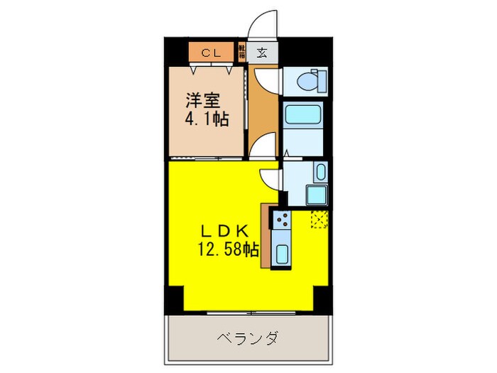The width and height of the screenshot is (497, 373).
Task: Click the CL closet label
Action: (210, 53)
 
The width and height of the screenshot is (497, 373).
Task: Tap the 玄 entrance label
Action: (262, 52)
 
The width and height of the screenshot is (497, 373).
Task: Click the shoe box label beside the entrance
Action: (242, 52)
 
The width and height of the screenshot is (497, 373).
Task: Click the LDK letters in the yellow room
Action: (222, 231)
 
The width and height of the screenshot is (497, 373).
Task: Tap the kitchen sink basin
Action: (280, 252)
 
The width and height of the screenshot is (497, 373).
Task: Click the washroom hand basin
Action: (320, 173)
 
